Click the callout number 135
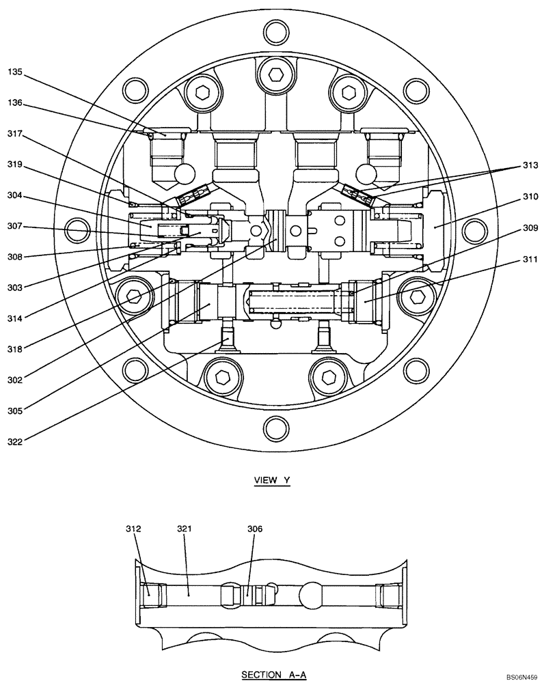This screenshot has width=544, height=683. [16, 70]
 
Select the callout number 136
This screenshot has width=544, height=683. [16, 103]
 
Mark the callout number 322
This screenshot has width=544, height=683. [16, 442]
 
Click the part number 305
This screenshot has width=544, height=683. [16, 410]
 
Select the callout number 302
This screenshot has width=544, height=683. [16, 380]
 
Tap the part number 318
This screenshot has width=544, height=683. [16, 349]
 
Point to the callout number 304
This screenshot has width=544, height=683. [16, 195]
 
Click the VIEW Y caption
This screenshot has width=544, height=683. [272, 480]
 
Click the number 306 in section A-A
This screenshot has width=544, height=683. [255, 529]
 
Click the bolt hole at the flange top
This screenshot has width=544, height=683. [275, 30]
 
